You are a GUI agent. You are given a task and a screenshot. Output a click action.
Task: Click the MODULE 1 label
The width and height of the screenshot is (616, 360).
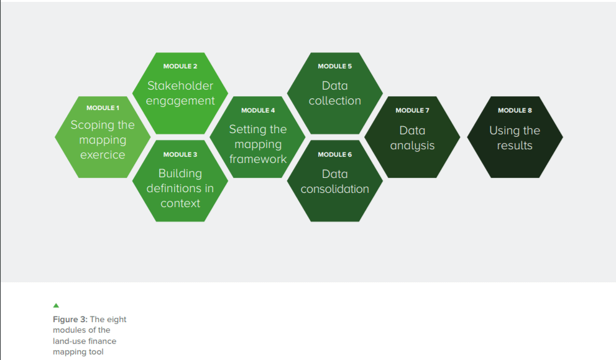click(103, 108)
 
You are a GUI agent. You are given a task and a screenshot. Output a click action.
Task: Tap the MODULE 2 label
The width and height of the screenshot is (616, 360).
click(180, 66)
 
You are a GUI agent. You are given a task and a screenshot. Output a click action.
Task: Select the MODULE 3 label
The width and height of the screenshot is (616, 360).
click(180, 154)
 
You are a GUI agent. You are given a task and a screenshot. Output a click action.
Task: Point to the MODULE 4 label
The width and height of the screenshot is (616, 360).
click(258, 111)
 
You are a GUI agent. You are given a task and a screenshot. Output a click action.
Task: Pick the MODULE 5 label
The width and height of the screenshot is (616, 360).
click(334, 66)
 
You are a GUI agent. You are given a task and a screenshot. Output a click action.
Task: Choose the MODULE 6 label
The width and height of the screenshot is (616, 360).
click(334, 154)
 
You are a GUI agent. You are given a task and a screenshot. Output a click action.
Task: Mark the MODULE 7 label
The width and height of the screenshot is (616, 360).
click(412, 111)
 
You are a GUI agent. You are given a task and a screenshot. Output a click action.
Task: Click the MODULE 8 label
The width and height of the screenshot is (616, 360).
click(515, 111)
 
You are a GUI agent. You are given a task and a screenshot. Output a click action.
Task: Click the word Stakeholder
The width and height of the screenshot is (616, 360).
click(180, 86)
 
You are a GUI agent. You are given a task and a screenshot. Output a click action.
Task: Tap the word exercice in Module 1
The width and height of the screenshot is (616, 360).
click(103, 155)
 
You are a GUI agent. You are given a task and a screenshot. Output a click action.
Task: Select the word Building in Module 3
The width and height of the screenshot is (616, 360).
click(180, 173)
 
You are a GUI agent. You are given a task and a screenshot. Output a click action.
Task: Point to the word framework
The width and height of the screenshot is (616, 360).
click(258, 159)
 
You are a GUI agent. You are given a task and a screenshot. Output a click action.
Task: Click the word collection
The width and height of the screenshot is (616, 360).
click(334, 101)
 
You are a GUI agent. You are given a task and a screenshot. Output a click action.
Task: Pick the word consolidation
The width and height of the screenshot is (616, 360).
click(334, 189)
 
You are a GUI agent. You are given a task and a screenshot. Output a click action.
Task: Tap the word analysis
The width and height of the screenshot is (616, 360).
click(412, 146)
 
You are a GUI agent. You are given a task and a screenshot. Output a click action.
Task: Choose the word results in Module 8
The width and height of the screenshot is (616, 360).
click(515, 146)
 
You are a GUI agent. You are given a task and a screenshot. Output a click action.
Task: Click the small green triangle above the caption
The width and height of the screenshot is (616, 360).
click(56, 305)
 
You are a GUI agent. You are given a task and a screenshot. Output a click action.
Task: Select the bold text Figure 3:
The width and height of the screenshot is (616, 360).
click(70, 320)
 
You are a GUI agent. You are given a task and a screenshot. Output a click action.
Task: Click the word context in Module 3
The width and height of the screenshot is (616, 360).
click(180, 203)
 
